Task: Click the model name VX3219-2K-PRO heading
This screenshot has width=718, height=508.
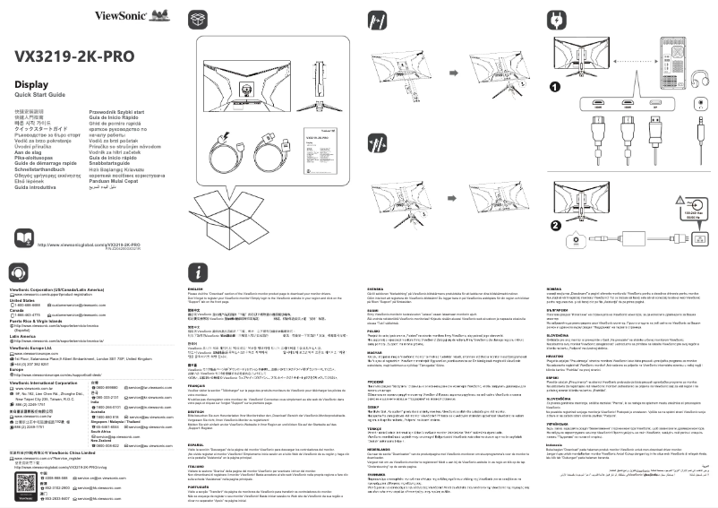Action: pyautogui.click(x=74, y=56)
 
